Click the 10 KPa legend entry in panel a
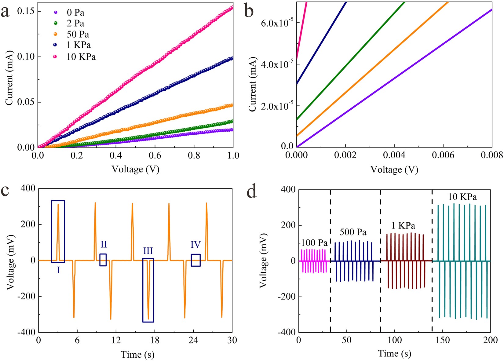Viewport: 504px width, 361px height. (81, 57)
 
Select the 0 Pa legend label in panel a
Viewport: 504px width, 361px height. (75, 13)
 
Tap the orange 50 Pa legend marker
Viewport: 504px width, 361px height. (55, 34)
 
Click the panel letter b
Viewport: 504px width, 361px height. (249, 11)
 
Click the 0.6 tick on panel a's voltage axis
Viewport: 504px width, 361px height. (155, 155)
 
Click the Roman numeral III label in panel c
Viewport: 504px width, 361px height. (148, 251)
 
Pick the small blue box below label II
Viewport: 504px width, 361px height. (103, 260)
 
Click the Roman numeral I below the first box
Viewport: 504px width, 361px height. (58, 270)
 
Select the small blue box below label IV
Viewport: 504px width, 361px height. (195, 260)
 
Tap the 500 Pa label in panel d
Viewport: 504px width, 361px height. (353, 232)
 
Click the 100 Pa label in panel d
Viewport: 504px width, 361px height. (314, 243)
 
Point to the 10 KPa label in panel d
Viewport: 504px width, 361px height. (462, 197)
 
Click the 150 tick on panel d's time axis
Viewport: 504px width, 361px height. (442, 340)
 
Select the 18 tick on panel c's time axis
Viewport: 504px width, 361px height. (155, 340)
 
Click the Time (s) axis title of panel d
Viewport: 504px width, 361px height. (394, 354)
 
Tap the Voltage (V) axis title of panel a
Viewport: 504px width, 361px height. (135, 169)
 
